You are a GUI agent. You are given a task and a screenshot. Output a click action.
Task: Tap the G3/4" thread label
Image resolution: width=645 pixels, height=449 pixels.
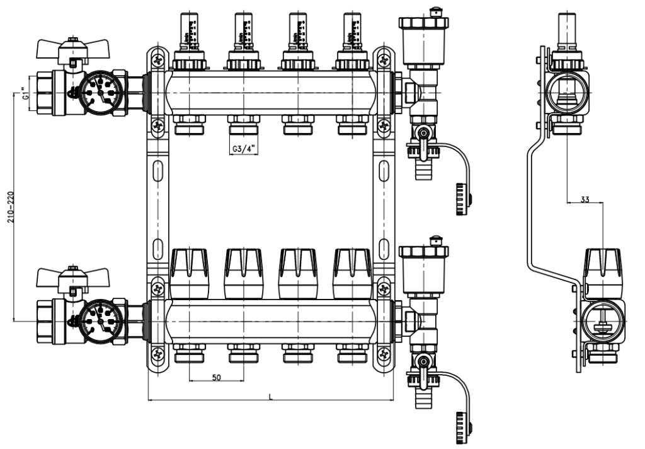click(x=242, y=149)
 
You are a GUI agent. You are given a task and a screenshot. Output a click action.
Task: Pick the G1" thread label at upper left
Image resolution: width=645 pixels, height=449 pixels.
click(x=25, y=95)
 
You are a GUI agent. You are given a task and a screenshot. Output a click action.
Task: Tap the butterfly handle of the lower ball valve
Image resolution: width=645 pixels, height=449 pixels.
click(x=62, y=276)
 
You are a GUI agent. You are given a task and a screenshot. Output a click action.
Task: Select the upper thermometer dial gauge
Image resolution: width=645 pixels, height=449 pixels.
click(x=101, y=92)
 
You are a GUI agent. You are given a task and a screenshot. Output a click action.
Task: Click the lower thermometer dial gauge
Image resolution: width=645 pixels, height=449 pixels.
click(x=101, y=320)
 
